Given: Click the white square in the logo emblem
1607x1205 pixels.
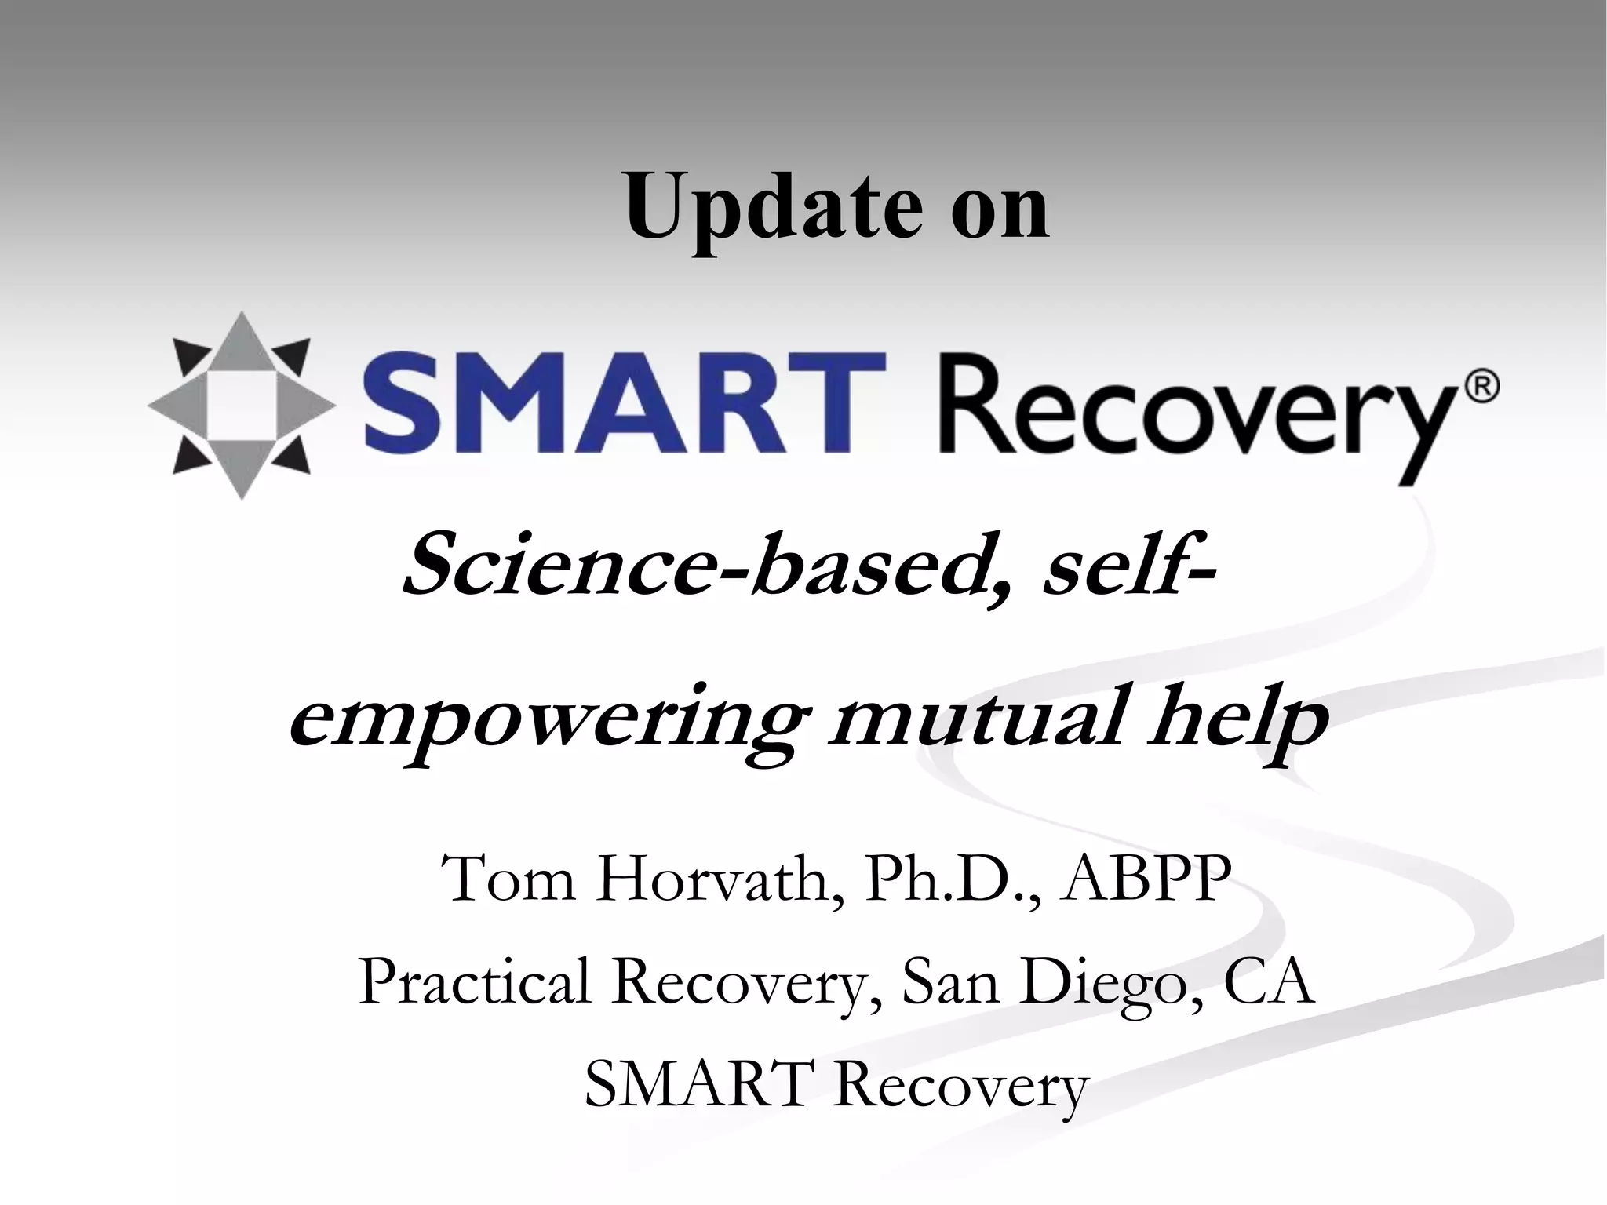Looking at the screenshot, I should tap(241, 406).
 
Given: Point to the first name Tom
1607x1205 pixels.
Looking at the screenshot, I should tap(508, 880).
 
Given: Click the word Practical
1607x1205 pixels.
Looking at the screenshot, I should tap(475, 982).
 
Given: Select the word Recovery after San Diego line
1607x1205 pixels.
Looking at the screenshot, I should tap(962, 1087).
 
